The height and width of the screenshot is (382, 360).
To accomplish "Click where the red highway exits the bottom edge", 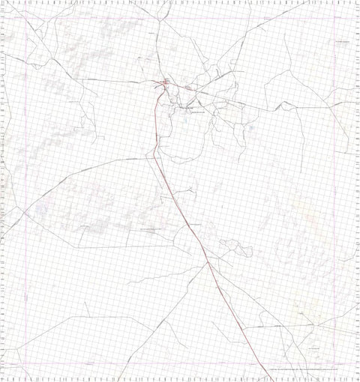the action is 269,381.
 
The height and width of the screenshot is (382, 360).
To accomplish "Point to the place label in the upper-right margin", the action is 343,43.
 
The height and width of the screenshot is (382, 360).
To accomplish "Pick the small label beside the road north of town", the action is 154,34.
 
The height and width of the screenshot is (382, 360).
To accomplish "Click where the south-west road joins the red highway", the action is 206,264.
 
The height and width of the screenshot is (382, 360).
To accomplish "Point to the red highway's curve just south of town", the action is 156,105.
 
